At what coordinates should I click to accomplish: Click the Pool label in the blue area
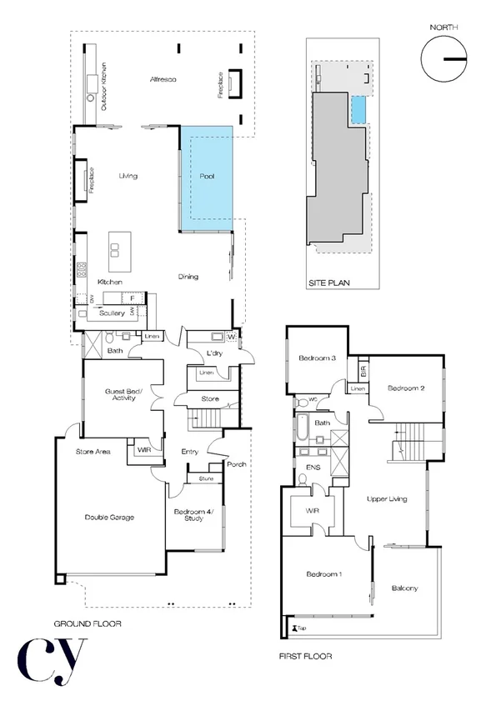click(x=208, y=177)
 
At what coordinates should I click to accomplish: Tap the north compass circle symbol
click(x=443, y=60)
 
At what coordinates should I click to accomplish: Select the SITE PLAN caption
click(x=328, y=283)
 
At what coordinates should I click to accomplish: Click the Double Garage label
click(x=109, y=517)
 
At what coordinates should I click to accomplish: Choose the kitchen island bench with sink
click(x=114, y=251)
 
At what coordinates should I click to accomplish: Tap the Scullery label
click(x=111, y=313)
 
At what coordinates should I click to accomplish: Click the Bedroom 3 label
click(x=317, y=359)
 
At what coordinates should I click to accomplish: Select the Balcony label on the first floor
click(x=404, y=588)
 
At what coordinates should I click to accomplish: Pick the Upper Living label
click(x=387, y=498)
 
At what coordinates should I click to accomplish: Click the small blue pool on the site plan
click(x=358, y=109)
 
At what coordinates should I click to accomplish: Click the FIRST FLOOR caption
click(x=305, y=656)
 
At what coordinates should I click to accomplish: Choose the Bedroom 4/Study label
click(x=194, y=516)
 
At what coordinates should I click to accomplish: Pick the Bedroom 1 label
click(x=323, y=574)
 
